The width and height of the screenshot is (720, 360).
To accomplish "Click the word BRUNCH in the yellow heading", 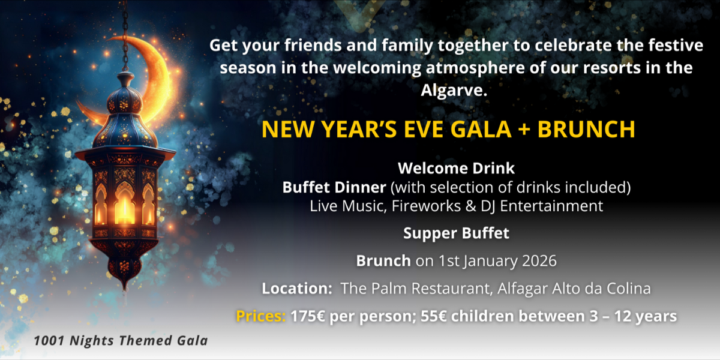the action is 586,129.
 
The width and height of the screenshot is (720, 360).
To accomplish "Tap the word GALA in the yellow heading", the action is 481,129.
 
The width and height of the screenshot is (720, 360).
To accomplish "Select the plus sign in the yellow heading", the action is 524,130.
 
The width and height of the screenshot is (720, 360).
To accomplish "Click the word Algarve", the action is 454,91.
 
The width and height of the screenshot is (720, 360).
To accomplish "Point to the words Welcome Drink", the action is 456,168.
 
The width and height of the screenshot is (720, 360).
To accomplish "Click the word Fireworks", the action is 426,206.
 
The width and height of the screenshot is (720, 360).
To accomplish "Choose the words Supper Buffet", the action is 456,233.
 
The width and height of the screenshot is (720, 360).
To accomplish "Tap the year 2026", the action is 539,260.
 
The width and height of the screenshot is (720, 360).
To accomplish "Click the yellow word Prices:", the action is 260,316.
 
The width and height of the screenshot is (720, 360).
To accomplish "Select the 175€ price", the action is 308,316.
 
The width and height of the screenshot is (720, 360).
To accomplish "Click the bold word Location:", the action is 296,289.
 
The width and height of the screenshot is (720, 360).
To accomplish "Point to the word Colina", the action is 628,289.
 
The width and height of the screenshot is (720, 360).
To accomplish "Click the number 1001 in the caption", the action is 49,341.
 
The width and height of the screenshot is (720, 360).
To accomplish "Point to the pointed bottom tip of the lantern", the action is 125,289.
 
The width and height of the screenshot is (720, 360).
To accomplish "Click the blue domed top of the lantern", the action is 124,100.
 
